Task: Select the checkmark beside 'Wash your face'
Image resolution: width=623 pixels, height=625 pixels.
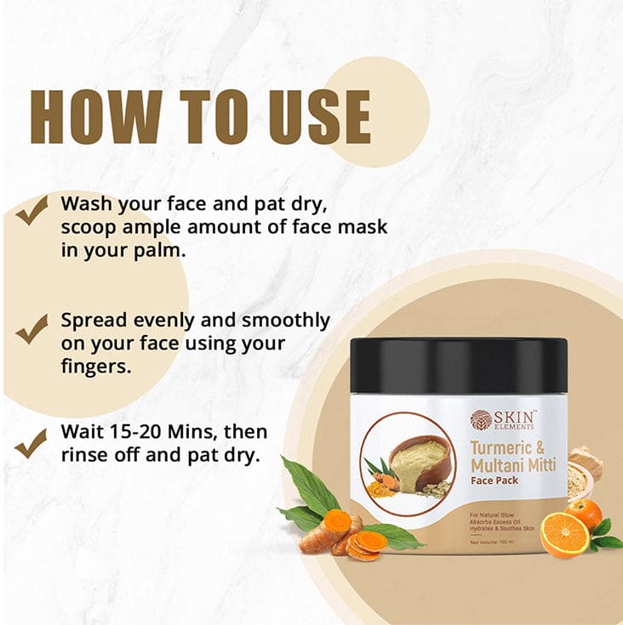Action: (31, 209)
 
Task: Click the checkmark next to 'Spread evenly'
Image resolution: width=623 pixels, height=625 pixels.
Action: (31, 327)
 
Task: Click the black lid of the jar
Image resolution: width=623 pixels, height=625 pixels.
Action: (459, 365)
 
